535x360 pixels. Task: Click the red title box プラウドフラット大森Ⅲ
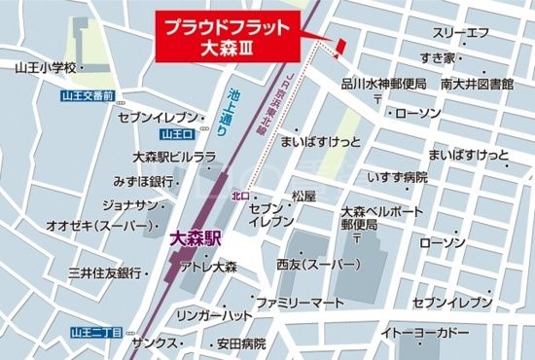[225, 36]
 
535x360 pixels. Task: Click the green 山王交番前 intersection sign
[89, 95]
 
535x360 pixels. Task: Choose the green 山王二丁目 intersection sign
[96, 332]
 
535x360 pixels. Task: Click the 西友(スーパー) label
[314, 264]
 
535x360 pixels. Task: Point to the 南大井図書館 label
[475, 85]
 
